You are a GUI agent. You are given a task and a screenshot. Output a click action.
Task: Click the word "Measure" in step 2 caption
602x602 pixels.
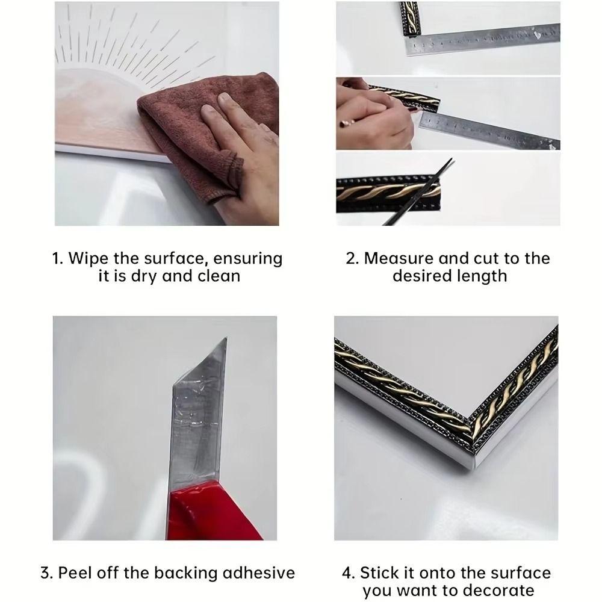point(399,258)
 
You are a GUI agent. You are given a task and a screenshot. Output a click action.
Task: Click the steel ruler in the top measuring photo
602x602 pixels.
point(483,40)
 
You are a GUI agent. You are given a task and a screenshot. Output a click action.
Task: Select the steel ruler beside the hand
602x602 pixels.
point(489,131)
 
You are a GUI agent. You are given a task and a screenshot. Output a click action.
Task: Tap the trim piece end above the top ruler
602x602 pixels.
point(411,20)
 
